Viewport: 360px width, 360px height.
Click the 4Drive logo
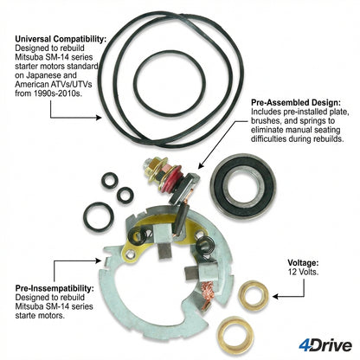(325, 345)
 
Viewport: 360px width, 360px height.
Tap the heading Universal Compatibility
(61, 39)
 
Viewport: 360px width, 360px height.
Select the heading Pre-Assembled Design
(296, 102)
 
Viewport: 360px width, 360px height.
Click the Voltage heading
(303, 263)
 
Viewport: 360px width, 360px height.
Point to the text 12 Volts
(303, 272)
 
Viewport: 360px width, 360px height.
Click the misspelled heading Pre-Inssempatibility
(55, 288)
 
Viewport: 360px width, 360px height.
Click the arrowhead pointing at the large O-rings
(99, 118)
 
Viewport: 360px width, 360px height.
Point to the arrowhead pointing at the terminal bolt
(201, 165)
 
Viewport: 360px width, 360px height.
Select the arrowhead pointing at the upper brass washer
(275, 296)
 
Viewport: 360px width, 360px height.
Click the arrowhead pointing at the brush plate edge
(99, 260)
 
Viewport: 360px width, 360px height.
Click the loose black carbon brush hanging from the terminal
(182, 219)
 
